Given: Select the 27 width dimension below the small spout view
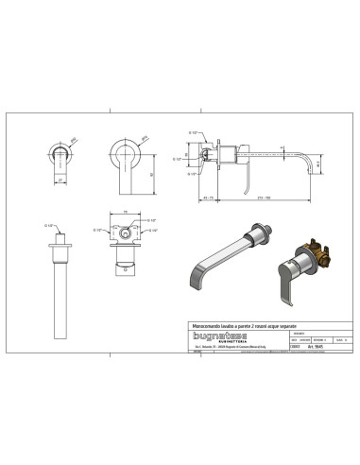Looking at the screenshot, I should pos(60,179).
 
